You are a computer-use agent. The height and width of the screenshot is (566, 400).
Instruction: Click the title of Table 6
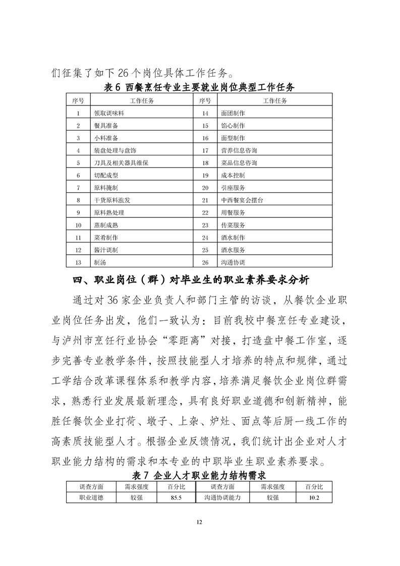click(199, 87)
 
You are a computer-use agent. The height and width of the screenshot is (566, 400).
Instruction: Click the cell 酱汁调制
click(105, 250)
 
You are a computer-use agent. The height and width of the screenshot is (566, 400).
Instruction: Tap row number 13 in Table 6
click(78, 262)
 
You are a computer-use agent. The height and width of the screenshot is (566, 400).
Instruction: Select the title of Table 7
click(199, 475)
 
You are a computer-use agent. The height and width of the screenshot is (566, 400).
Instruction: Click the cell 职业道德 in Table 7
click(91, 497)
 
